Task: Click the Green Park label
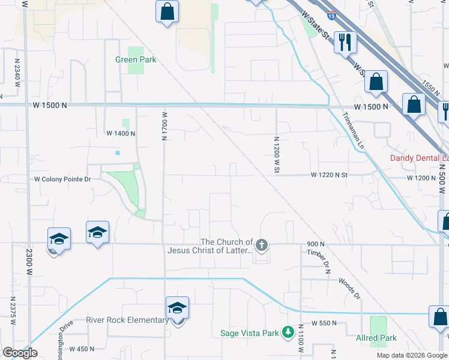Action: click(x=136, y=59)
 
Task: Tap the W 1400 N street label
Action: click(x=120, y=133)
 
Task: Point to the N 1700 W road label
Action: click(x=164, y=125)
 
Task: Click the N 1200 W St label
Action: click(x=277, y=155)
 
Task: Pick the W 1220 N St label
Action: click(x=330, y=175)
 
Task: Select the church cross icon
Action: click(x=261, y=244)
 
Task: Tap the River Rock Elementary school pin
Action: click(x=177, y=308)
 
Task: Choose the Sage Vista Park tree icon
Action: click(x=288, y=331)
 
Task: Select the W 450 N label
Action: click(x=82, y=349)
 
